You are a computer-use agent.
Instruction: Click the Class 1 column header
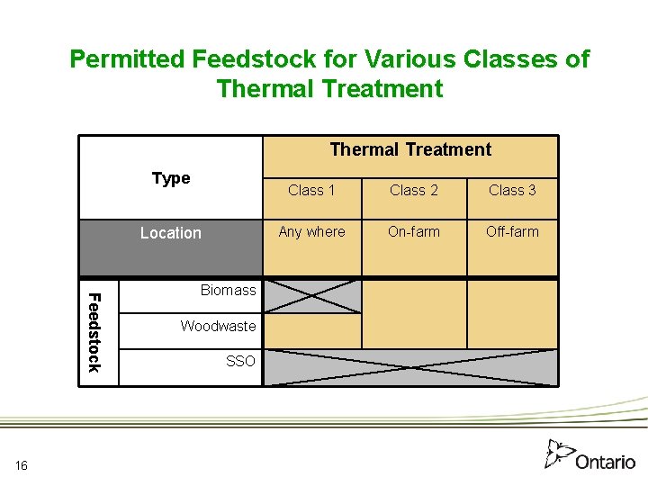click(311, 190)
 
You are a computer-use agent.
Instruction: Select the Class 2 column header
click(413, 190)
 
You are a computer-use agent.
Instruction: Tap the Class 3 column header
click(512, 190)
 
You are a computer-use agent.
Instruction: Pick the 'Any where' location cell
click(311, 231)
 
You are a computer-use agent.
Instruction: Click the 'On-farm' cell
click(413, 231)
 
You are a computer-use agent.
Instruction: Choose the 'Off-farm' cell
click(512, 231)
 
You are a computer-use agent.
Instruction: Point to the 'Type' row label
click(171, 178)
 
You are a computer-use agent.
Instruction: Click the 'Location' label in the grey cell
click(171, 233)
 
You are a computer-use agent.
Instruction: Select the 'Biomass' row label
click(228, 290)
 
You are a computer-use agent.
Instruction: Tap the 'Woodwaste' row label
click(218, 326)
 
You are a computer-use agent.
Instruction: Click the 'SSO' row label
click(240, 361)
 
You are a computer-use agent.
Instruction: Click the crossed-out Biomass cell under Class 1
click(311, 296)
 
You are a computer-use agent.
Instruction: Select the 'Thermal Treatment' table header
click(410, 149)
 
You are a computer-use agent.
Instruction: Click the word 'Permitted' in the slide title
click(127, 59)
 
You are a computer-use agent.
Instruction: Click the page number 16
click(22, 464)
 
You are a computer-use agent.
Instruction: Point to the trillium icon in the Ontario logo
click(559, 453)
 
